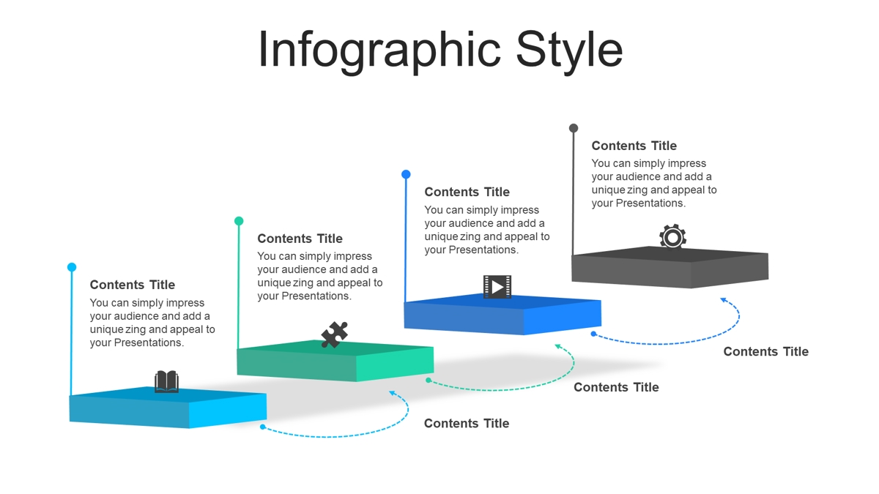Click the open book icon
[x=166, y=381]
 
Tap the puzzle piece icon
[x=334, y=334]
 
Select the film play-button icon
[x=497, y=287]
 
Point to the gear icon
[x=672, y=236]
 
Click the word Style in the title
[x=569, y=50]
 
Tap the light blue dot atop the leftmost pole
[x=72, y=267]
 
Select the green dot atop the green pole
[x=239, y=221]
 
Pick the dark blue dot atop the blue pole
[x=406, y=174]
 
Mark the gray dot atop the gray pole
[x=574, y=128]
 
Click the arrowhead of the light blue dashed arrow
[x=392, y=392]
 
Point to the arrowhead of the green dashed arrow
[x=557, y=345]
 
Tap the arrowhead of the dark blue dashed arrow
[x=724, y=300]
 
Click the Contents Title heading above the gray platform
[x=634, y=146]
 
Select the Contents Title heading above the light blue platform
[x=133, y=285]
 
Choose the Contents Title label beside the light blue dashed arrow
[x=467, y=423]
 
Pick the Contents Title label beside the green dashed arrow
[x=616, y=387]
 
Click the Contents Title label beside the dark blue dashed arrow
[x=766, y=351]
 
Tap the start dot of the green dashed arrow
[x=429, y=380]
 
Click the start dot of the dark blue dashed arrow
[x=594, y=334]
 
